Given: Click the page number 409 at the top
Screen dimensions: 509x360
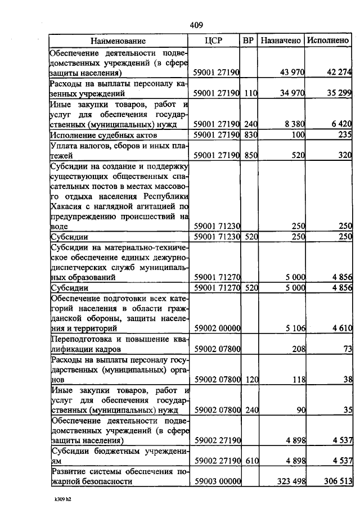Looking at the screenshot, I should (x=196, y=25).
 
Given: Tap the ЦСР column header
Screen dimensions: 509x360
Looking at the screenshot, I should (x=217, y=40).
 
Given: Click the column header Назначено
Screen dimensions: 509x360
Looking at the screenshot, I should (x=281, y=40).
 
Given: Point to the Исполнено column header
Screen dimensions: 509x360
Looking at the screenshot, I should (x=328, y=40).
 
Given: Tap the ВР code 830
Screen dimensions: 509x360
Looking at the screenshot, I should (x=250, y=135).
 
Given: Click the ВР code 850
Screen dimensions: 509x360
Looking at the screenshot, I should (x=250, y=155).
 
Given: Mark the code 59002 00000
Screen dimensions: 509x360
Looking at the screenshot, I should (x=217, y=328).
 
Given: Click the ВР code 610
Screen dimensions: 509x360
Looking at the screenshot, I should (x=250, y=461).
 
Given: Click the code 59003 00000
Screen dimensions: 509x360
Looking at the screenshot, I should (x=217, y=481).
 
